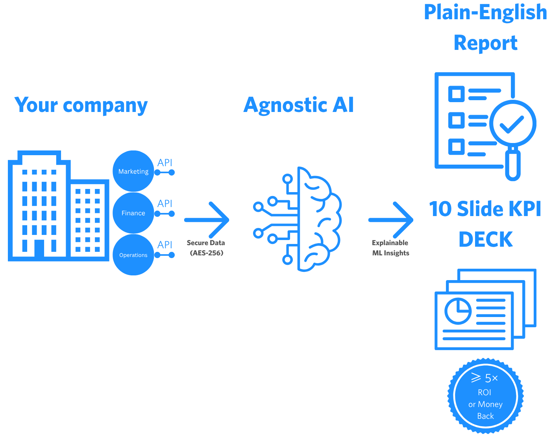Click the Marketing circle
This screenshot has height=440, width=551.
(133, 171)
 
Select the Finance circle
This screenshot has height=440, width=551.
(133, 213)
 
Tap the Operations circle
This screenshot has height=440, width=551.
(133, 255)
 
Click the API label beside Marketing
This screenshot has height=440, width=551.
(165, 163)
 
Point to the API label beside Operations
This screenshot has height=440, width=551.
(165, 245)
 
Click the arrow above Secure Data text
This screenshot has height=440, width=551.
(207, 220)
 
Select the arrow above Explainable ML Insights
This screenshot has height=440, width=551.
(391, 220)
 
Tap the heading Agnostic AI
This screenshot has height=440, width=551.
(299, 105)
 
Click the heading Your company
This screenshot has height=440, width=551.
(81, 105)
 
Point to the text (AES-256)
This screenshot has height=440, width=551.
(207, 253)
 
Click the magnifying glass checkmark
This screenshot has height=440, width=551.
(512, 124)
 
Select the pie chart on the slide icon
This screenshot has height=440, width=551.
(458, 311)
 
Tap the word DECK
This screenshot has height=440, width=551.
(486, 239)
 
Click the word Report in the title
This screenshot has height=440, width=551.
(486, 43)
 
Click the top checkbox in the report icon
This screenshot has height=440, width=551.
(457, 94)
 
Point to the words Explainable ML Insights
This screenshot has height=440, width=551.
(390, 248)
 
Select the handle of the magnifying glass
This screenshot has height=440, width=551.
(512, 165)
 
